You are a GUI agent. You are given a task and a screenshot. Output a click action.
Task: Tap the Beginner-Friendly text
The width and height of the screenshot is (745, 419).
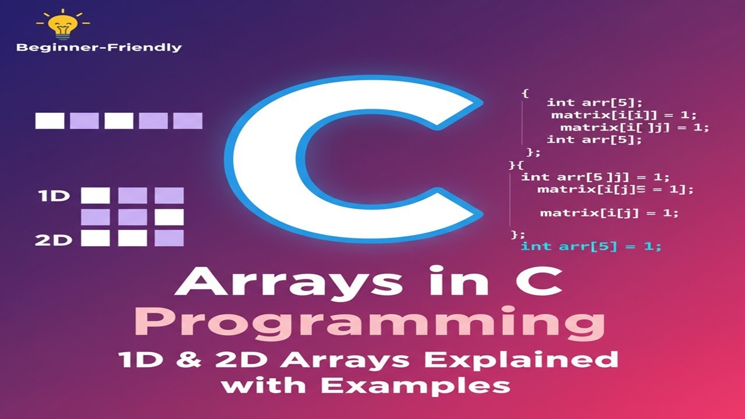point(99,48)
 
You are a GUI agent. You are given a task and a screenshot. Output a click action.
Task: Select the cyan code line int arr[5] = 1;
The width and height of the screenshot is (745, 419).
point(591,246)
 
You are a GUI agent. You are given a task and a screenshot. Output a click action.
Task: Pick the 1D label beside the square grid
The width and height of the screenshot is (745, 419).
point(54,196)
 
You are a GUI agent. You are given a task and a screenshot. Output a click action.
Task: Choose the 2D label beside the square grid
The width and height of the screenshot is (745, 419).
point(54,239)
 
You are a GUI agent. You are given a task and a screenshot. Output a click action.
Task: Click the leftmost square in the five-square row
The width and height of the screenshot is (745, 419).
point(49,120)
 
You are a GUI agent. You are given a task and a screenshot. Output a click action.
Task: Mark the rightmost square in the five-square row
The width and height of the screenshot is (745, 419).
point(188,120)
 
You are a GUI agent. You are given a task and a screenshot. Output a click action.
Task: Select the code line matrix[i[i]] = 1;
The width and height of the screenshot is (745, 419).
point(623,115)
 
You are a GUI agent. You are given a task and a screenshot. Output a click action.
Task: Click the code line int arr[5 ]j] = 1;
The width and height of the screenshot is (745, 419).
point(595,177)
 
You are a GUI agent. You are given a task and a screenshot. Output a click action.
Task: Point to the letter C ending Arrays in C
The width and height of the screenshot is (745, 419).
point(541,283)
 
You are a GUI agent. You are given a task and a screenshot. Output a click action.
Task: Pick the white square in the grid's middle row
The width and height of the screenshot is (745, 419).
point(169,217)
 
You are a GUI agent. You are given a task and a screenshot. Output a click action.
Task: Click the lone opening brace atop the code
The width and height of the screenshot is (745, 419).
point(525,93)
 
